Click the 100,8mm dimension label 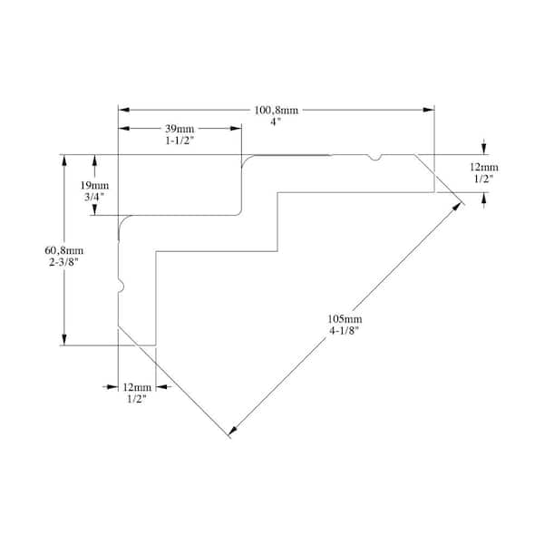277,111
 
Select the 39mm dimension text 180,129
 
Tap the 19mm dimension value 94,185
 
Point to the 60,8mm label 63,250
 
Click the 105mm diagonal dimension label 345,318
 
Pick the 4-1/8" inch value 344,331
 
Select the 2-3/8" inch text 63,262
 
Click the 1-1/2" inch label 180,141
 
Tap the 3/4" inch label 94,197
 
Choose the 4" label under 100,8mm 276,122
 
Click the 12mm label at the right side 484,167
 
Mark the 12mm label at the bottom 137,387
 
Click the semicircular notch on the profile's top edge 374,158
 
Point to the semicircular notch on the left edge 121,287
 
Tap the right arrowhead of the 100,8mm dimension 429,110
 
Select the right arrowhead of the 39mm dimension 236,129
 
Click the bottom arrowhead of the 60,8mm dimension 64,340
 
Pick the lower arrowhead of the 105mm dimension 232,431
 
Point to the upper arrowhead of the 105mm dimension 457,207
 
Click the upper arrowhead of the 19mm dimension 94,160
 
